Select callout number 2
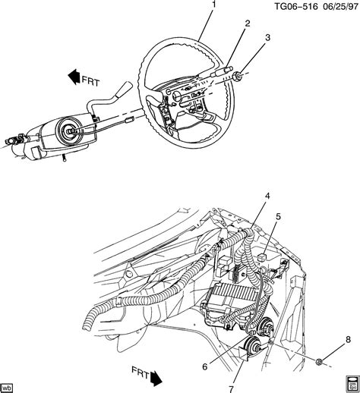click(247, 23)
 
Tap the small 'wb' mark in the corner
click(10, 385)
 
